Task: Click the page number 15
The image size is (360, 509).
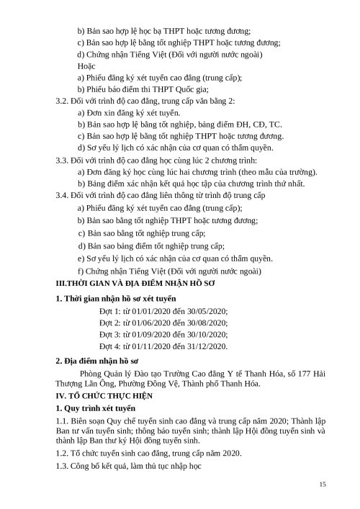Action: pyautogui.click(x=323, y=484)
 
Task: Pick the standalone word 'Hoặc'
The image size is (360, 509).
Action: pyautogui.click(x=86, y=66)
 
